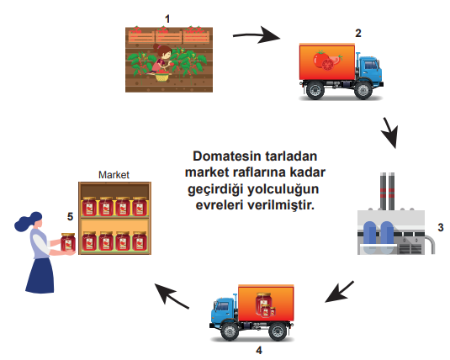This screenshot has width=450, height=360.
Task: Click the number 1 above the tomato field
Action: pyautogui.click(x=167, y=19)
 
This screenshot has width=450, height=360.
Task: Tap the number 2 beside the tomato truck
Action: pyautogui.click(x=358, y=34)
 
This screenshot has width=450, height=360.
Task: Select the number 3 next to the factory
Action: pyautogui.click(x=441, y=227)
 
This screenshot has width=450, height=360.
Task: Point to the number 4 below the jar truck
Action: pyautogui.click(x=259, y=350)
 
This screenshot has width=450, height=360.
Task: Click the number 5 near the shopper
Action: pyautogui.click(x=71, y=216)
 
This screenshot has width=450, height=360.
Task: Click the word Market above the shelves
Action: pyautogui.click(x=114, y=175)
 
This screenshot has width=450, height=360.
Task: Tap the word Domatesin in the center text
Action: pyautogui.click(x=227, y=156)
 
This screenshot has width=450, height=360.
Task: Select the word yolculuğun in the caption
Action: pyautogui.click(x=283, y=190)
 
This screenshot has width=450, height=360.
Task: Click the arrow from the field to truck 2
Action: pyautogui.click(x=257, y=35)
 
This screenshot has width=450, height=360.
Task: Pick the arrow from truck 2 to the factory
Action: pyautogui.click(x=390, y=132)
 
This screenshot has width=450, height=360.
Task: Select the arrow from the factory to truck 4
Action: pyautogui.click(x=340, y=292)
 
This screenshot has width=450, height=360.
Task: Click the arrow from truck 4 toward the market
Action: pyautogui.click(x=172, y=296)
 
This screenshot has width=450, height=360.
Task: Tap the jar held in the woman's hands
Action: pyautogui.click(x=68, y=242)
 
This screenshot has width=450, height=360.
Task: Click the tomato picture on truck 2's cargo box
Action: pyautogui.click(x=327, y=61)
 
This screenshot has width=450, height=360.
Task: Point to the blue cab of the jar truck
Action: pyautogui.click(x=223, y=310)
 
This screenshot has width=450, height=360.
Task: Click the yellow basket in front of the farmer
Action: pyautogui.click(x=161, y=77)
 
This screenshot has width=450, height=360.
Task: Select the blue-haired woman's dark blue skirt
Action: pyautogui.click(x=40, y=276)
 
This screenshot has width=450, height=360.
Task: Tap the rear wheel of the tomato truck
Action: pyautogui.click(x=315, y=90)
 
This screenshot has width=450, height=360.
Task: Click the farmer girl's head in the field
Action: pyautogui.click(x=164, y=51)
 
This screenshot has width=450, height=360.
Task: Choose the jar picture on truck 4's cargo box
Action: pyautogui.click(x=265, y=304)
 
